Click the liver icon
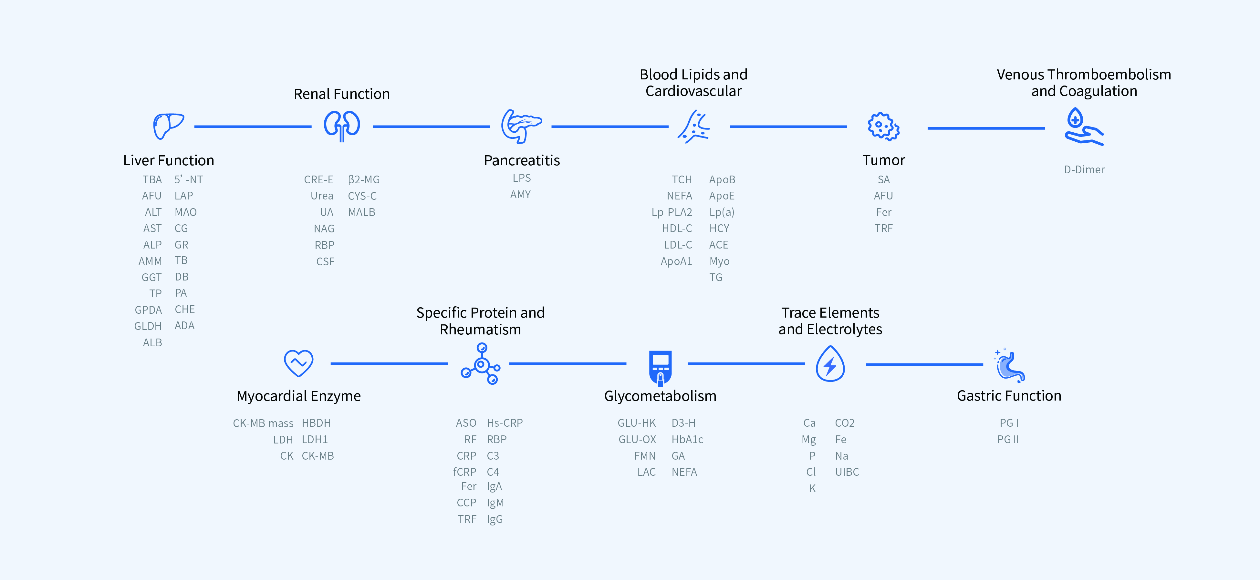pyautogui.click(x=168, y=126)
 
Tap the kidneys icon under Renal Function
pyautogui.click(x=342, y=126)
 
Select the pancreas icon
pyautogui.click(x=521, y=126)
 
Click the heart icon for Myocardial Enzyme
pyautogui.click(x=298, y=363)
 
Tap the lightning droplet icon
pyautogui.click(x=830, y=363)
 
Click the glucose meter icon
pyautogui.click(x=660, y=367)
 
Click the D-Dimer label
pyautogui.click(x=1084, y=169)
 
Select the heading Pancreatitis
pyautogui.click(x=521, y=160)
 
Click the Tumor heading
pyautogui.click(x=883, y=160)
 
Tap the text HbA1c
pyautogui.click(x=687, y=439)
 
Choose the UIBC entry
pyautogui.click(x=847, y=472)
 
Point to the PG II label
pyautogui.click(x=1008, y=439)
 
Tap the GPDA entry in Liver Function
pyautogui.click(x=148, y=310)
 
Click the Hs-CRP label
pyautogui.click(x=505, y=423)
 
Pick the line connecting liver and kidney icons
pyautogui.click(x=253, y=127)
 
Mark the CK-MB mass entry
pyautogui.click(x=263, y=423)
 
